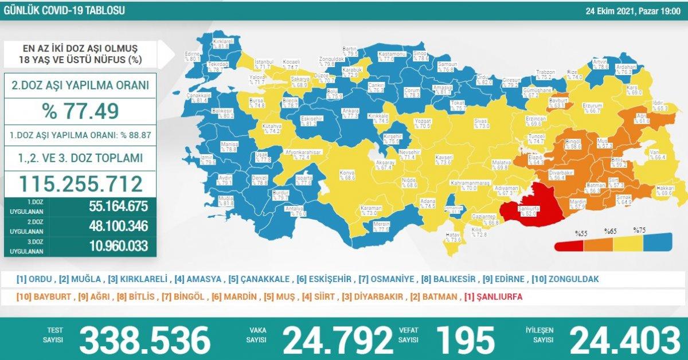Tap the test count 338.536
144,339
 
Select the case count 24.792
338,339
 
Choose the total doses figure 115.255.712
81,183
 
